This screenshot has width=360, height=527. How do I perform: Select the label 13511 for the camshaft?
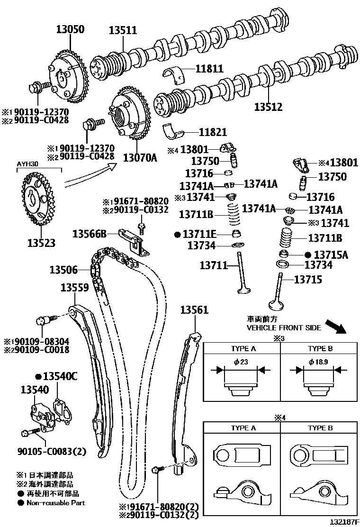(x=123, y=31)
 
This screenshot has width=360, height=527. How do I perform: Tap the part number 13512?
(x=268, y=107)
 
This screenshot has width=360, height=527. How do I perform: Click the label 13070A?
(x=140, y=157)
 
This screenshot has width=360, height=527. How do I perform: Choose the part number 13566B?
(x=90, y=233)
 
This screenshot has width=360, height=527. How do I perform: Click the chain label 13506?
(x=63, y=270)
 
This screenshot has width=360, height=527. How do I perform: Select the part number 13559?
(x=75, y=287)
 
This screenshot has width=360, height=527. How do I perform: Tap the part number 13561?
(x=194, y=310)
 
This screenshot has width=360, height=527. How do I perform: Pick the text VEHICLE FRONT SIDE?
(x=283, y=327)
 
